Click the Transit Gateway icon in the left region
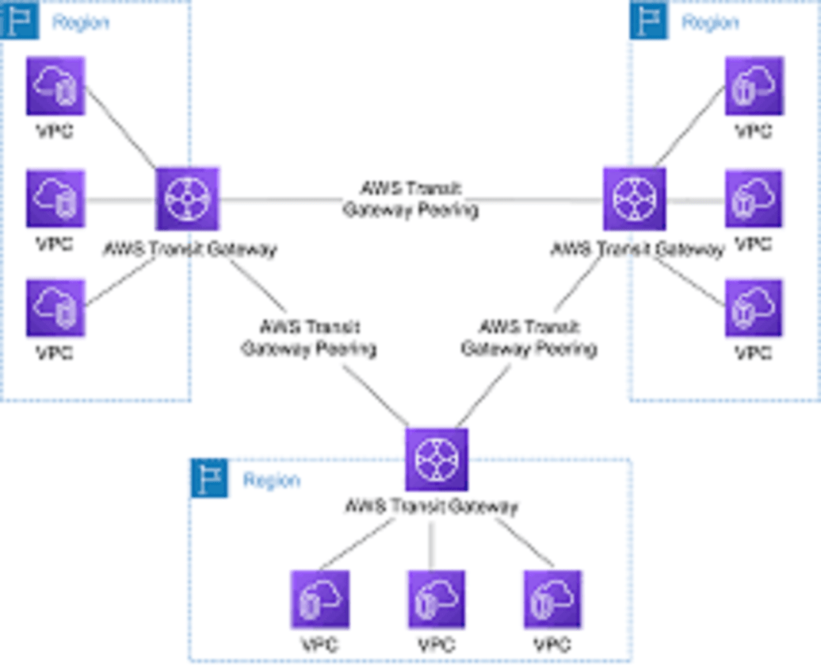[187, 199]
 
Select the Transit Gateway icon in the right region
[634, 199]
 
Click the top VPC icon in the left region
[55, 86]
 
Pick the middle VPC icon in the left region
[55, 198]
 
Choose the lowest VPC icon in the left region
[55, 308]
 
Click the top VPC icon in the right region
[754, 86]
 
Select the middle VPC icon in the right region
[754, 198]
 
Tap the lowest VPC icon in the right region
[754, 308]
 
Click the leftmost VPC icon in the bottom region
[319, 599]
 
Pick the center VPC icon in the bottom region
[437, 599]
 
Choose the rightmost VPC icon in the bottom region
[552, 599]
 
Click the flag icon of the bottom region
[209, 478]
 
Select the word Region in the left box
[81, 22]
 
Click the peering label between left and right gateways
[410, 200]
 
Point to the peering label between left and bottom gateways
[309, 338]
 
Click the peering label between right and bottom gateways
[529, 338]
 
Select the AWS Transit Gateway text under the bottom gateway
[431, 507]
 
